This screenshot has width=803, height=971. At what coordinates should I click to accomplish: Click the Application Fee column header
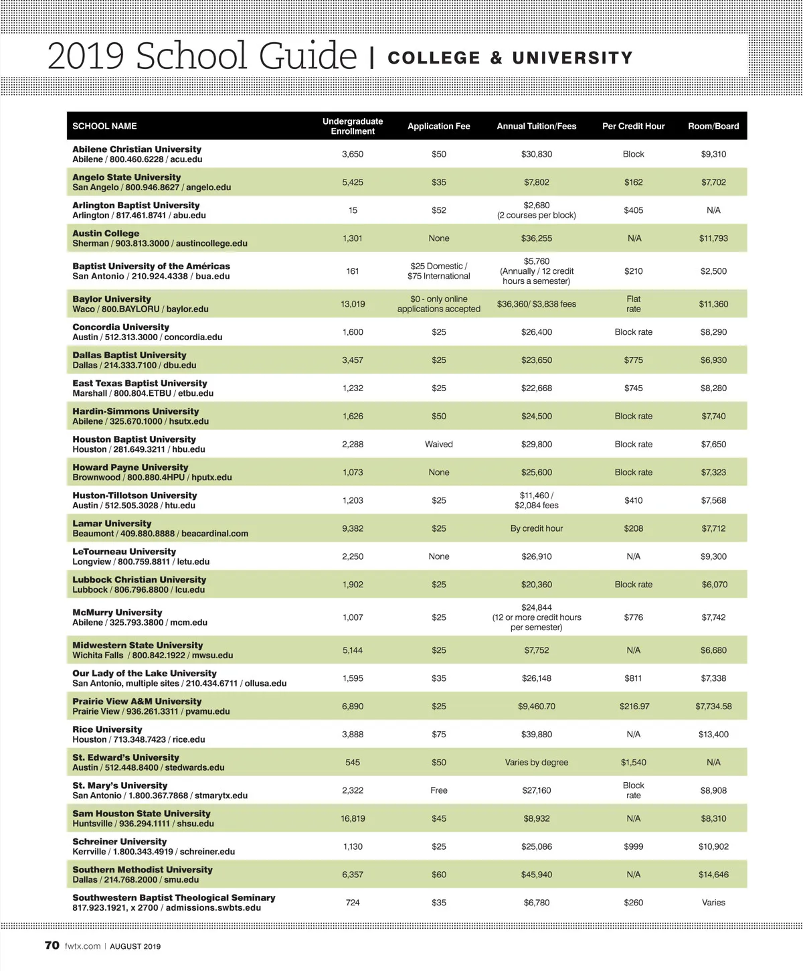(x=438, y=126)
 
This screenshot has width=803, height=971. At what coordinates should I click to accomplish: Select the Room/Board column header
(x=713, y=126)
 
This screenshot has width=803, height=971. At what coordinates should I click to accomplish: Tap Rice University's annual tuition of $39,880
(x=537, y=734)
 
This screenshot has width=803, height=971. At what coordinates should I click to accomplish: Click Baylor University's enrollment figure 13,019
(x=353, y=304)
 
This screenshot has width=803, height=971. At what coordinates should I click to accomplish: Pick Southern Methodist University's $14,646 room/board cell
(x=713, y=875)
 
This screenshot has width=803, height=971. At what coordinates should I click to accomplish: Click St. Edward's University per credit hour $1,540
(x=633, y=762)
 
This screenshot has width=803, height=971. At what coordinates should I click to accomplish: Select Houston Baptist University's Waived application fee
(x=438, y=444)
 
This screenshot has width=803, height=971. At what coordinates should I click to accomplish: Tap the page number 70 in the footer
(x=52, y=946)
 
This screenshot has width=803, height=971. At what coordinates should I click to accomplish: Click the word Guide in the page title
(x=308, y=56)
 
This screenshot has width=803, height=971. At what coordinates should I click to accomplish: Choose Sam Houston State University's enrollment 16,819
(x=353, y=818)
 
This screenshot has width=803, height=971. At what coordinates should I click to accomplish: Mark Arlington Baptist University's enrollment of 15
(x=353, y=210)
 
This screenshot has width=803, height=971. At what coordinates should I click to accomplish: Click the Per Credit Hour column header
(x=633, y=126)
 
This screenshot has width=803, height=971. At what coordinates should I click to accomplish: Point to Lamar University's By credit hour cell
(x=537, y=528)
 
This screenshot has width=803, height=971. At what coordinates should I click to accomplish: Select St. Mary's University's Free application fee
(x=438, y=790)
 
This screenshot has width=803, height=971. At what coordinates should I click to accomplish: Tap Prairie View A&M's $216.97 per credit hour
(x=634, y=706)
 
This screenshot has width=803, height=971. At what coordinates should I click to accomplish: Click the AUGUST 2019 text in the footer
(x=135, y=946)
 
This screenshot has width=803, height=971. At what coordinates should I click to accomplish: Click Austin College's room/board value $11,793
(x=713, y=238)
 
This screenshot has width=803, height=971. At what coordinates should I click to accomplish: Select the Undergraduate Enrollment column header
(x=353, y=126)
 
